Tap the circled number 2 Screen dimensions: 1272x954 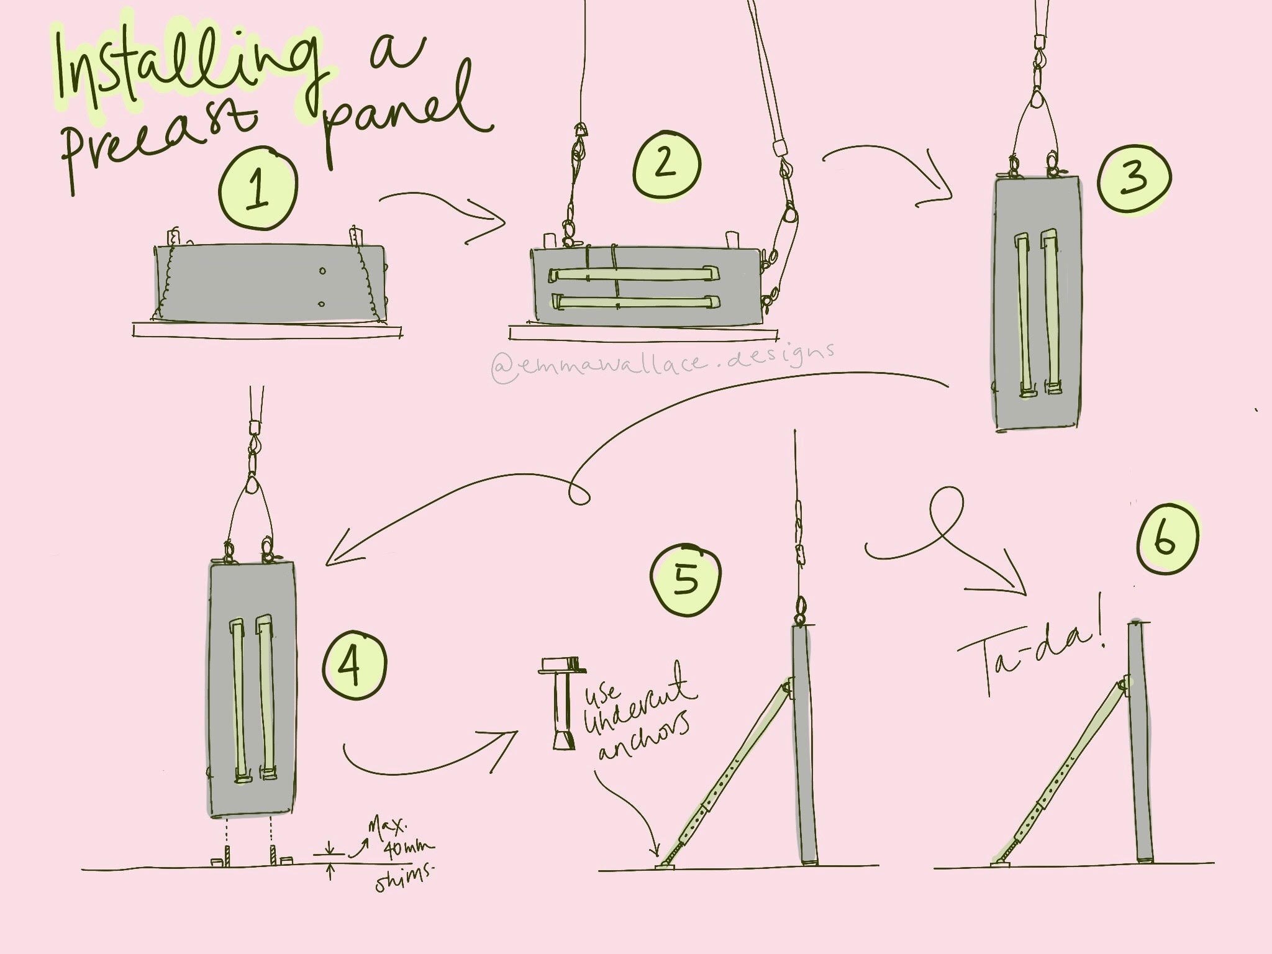(666, 164)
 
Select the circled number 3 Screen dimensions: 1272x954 (1134, 178)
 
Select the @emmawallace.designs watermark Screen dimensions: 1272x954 (662, 363)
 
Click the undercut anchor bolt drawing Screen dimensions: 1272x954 (563, 704)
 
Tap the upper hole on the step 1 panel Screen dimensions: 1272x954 (322, 270)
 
